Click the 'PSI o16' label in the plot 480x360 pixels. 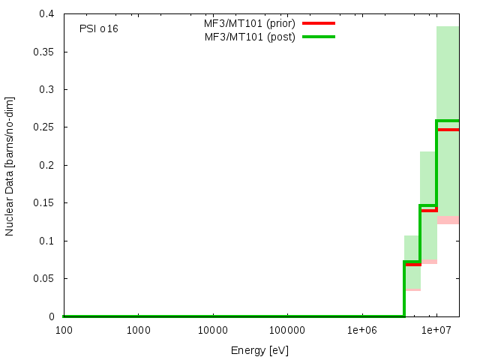pyautogui.click(x=98, y=28)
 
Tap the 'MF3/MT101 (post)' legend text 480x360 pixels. pyautogui.click(x=250, y=37)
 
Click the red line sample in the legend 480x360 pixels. pyautogui.click(x=318, y=23)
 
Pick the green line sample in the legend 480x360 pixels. pyautogui.click(x=318, y=37)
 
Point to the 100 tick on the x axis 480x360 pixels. pyautogui.click(x=63, y=329)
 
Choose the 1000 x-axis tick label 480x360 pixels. pyautogui.click(x=138, y=329)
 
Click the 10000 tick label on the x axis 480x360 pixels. pyautogui.click(x=212, y=329)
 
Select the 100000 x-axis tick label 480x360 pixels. pyautogui.click(x=287, y=329)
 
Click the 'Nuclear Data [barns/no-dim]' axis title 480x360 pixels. pyautogui.click(x=10, y=165)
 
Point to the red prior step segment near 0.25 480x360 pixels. pyautogui.click(x=447, y=130)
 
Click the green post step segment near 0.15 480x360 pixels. pyautogui.click(x=428, y=205)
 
